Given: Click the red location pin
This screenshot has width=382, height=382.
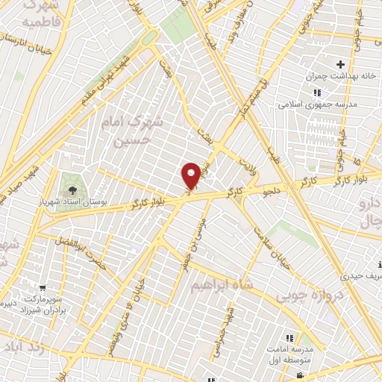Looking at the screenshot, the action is click(x=191, y=175).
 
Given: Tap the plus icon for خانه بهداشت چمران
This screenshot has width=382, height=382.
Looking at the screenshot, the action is click(x=340, y=65).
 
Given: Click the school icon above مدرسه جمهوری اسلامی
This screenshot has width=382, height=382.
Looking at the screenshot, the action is click(x=317, y=93).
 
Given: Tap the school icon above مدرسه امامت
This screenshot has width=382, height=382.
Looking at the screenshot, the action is click(x=289, y=338).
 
